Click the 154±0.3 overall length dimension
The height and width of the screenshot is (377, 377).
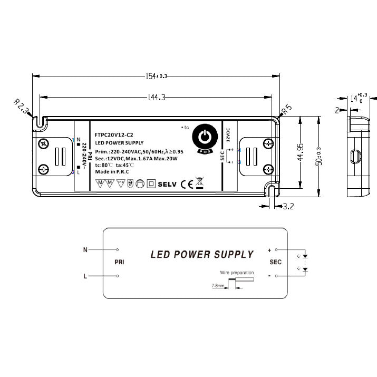[x=156, y=76]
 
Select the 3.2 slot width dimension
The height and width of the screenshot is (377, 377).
[x=288, y=207]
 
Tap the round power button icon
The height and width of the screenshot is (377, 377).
[x=206, y=137]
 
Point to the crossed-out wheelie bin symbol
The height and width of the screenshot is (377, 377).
[x=199, y=183]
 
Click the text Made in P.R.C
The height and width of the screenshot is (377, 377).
[x=112, y=172]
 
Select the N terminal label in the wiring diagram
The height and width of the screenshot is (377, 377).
[x=85, y=250]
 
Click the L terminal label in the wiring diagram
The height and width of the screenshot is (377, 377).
[x=85, y=276]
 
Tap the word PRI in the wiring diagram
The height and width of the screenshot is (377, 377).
[x=119, y=262]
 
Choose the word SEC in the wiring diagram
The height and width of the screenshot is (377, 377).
[x=276, y=262]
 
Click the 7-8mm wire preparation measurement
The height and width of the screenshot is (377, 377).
[x=218, y=285]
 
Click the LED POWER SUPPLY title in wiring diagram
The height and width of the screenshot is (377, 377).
[x=202, y=255]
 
